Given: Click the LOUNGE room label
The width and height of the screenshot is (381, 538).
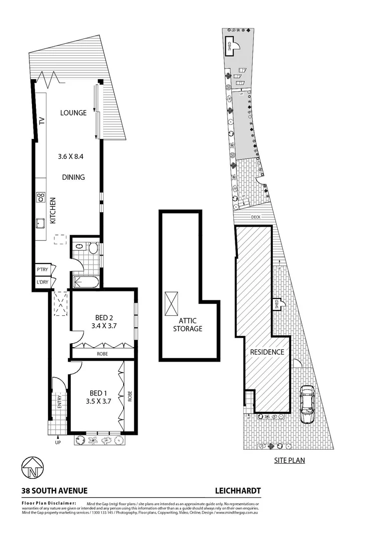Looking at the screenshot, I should click(x=73, y=113).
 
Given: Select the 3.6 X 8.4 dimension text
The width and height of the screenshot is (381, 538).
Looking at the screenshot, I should click(x=73, y=156).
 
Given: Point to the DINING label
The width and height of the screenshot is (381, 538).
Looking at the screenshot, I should click(x=73, y=177).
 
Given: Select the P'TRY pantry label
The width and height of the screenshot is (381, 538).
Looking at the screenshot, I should click(x=42, y=270).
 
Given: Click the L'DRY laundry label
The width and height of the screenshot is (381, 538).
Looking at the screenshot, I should click(x=42, y=282).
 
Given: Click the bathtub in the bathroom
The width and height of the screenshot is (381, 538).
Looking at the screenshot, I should click(x=86, y=282).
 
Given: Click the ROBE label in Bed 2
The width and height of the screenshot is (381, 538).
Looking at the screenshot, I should click(x=103, y=354).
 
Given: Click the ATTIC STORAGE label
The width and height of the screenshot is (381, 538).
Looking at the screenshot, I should click(x=188, y=325).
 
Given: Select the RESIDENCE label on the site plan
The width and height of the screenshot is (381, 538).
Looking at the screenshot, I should click(x=267, y=352).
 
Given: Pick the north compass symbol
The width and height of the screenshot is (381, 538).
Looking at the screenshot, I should click(x=32, y=468).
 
